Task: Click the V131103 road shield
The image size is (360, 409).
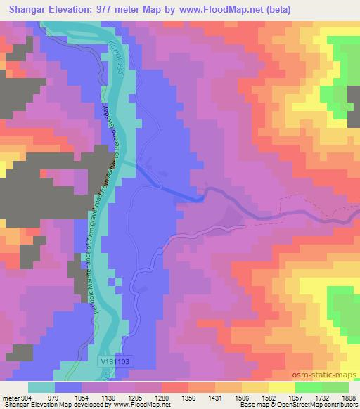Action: (x=115, y=360)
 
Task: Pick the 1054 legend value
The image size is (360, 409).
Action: (x=81, y=397)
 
